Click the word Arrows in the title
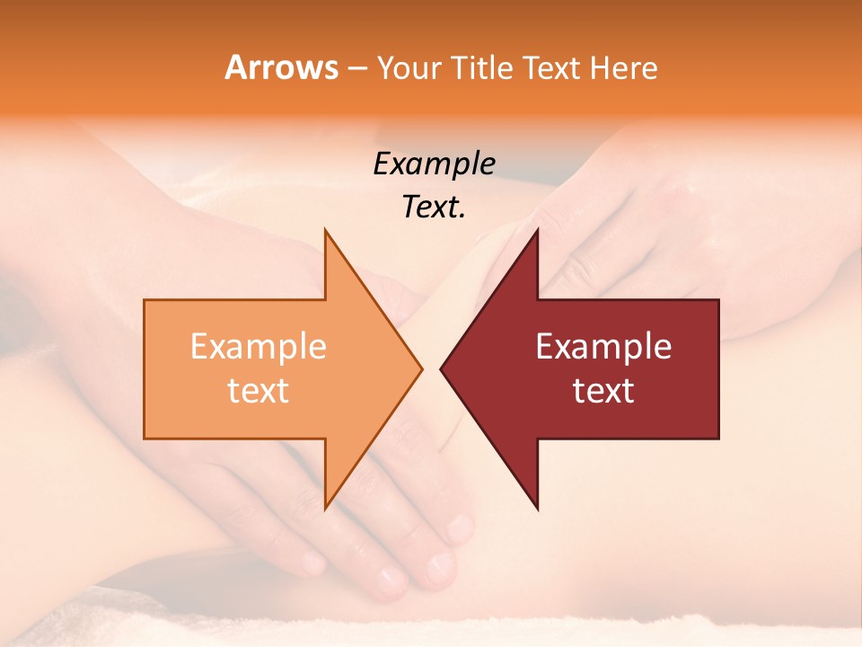coord(281,67)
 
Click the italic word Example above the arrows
coord(434,164)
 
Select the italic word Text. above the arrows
coord(434,208)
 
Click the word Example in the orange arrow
coord(259,347)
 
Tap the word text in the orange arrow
coord(259,391)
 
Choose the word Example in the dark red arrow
coord(603,347)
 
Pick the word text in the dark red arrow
coord(603,391)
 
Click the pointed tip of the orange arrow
coord(422,368)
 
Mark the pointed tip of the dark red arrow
coord(441,368)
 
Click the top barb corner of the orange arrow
coord(325,230)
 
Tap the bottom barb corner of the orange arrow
coord(325,508)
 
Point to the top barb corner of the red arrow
coord(537,230)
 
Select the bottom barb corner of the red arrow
coord(537,508)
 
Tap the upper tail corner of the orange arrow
coord(145,300)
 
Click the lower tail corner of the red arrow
coord(718,438)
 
